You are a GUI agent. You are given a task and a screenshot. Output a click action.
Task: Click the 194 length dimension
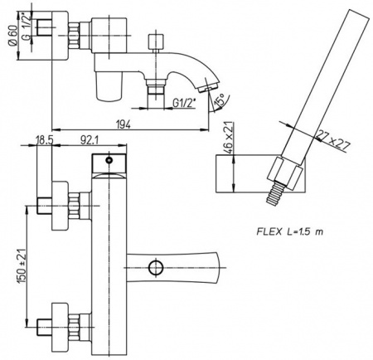click(x=124, y=124)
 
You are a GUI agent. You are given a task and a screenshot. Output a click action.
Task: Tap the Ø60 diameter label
click(x=13, y=35)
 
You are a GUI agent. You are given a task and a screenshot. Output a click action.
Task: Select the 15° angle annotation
click(x=220, y=100)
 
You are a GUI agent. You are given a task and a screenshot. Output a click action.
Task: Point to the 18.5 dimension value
click(x=44, y=140)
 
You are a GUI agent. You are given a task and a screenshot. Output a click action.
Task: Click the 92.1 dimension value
click(x=89, y=140)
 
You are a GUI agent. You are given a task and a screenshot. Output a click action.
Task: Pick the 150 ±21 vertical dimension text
click(x=22, y=265)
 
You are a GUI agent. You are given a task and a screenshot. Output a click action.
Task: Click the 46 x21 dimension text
click(x=229, y=135)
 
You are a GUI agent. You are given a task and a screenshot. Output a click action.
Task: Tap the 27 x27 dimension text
click(x=333, y=140)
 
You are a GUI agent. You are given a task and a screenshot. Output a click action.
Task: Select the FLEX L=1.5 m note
click(x=290, y=231)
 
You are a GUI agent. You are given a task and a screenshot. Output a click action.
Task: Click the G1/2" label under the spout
click(x=184, y=103)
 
